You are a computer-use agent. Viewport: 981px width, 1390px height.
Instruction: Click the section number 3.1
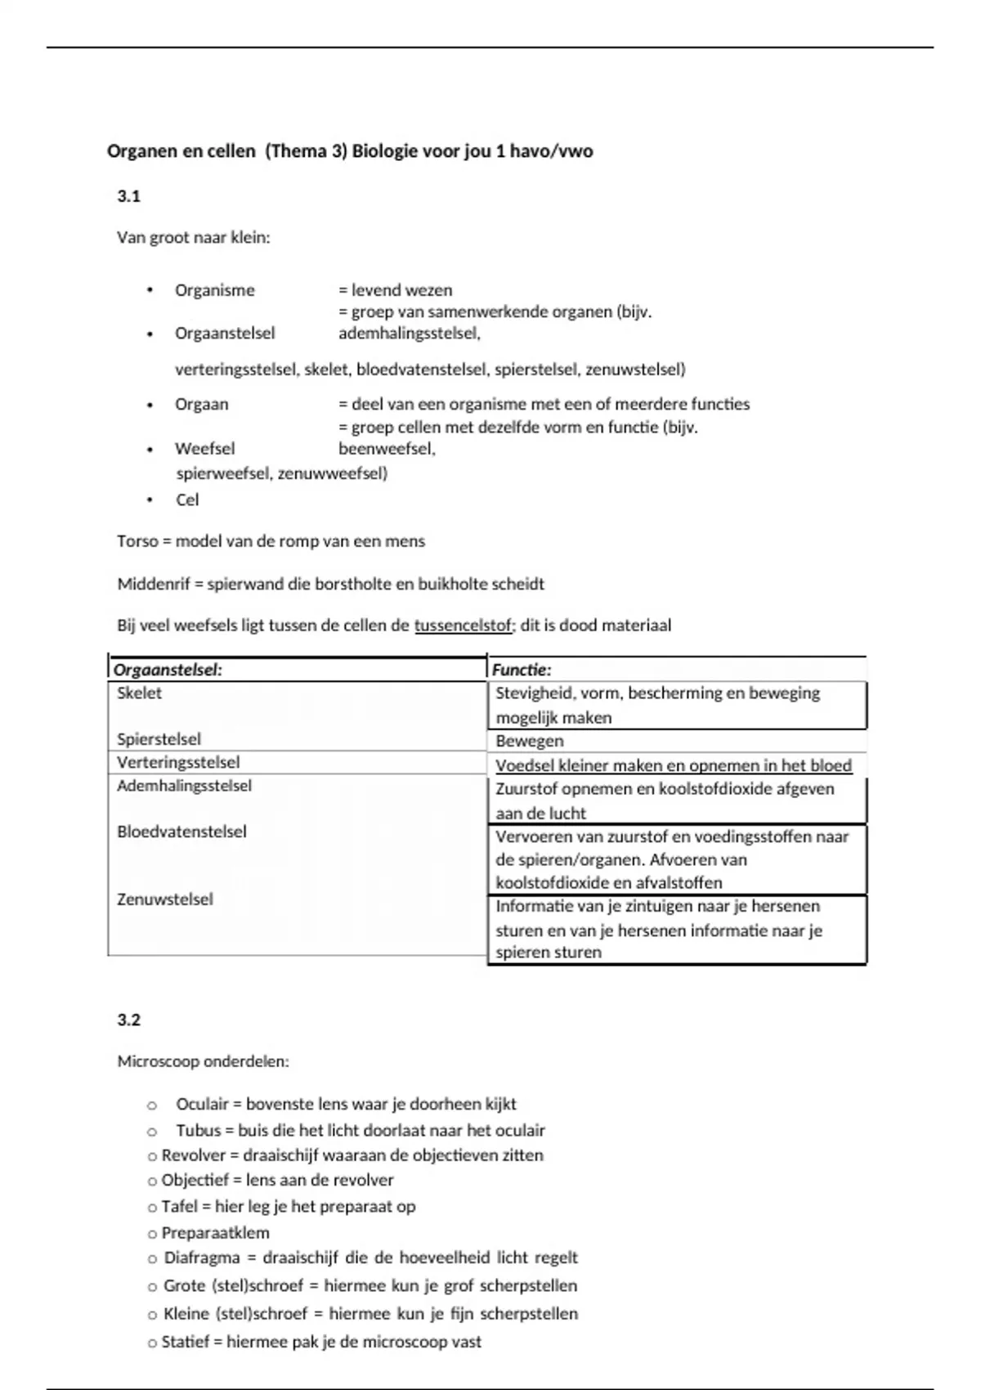[128, 196]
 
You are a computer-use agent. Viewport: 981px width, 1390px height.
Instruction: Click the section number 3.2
[128, 1020]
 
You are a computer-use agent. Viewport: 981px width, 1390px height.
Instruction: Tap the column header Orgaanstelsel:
[168, 670]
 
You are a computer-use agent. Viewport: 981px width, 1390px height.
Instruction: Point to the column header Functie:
[522, 670]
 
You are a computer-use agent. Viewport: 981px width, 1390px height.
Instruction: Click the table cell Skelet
[140, 693]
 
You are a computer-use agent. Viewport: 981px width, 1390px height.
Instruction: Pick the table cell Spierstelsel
[159, 739]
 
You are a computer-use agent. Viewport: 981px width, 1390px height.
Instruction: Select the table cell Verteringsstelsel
[178, 762]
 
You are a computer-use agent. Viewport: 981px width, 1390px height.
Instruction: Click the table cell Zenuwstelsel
[164, 899]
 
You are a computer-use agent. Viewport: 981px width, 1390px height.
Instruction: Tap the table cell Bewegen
[529, 741]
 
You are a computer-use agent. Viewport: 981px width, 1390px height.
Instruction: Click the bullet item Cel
[187, 500]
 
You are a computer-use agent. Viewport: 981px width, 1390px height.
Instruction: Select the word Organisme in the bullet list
[214, 290]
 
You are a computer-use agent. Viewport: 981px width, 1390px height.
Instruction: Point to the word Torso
[137, 541]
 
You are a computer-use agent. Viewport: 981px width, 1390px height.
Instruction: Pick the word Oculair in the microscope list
[202, 1104]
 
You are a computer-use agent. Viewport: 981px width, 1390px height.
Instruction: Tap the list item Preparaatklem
[215, 1232]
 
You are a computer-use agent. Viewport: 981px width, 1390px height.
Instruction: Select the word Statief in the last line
[186, 1342]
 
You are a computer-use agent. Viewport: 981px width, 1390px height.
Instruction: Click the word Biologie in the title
[385, 151]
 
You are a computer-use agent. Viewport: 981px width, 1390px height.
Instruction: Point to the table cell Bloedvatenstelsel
[181, 832]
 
